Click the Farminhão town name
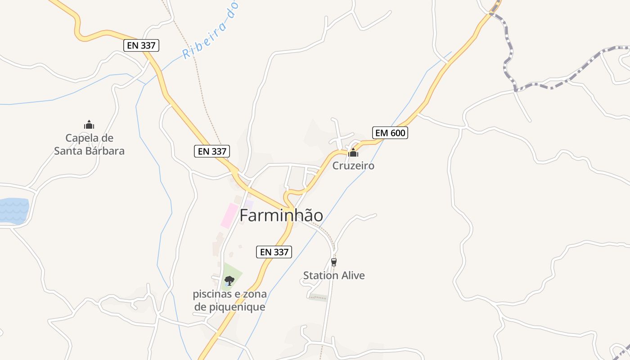[x=281, y=216]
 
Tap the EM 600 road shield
[x=390, y=133]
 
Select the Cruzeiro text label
[x=353, y=166]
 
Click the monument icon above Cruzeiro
[x=353, y=153]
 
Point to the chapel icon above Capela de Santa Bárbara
[x=89, y=125]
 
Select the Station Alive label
[x=334, y=275]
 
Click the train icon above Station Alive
[x=333, y=262]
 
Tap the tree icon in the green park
[x=229, y=281]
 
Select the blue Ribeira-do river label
[x=210, y=30]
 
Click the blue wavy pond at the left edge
[x=13, y=211]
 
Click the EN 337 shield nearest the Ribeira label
[x=141, y=45]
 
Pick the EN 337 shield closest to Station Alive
[x=274, y=252]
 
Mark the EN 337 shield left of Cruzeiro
[x=212, y=151]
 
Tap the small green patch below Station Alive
[x=319, y=297]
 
